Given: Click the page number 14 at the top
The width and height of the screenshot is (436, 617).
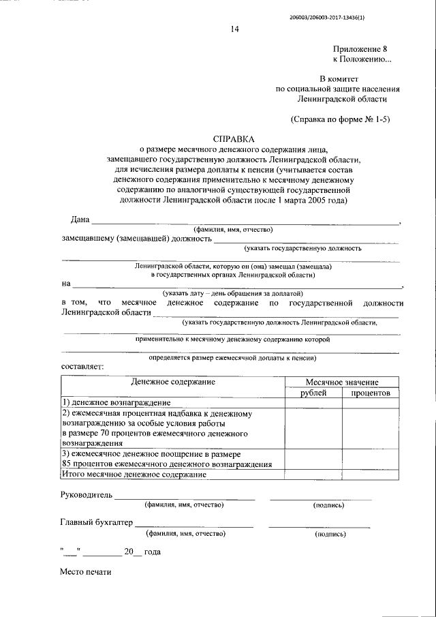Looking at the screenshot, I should [234, 29].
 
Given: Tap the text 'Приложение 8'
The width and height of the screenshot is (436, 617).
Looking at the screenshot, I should [360, 50].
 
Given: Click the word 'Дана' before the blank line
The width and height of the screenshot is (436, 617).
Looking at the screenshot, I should [80, 219].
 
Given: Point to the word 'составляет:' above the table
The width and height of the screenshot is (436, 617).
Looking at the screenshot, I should [82, 367].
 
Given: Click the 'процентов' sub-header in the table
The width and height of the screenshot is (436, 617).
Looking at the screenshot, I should [370, 393].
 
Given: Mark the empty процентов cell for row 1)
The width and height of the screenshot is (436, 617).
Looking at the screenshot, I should [370, 404].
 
